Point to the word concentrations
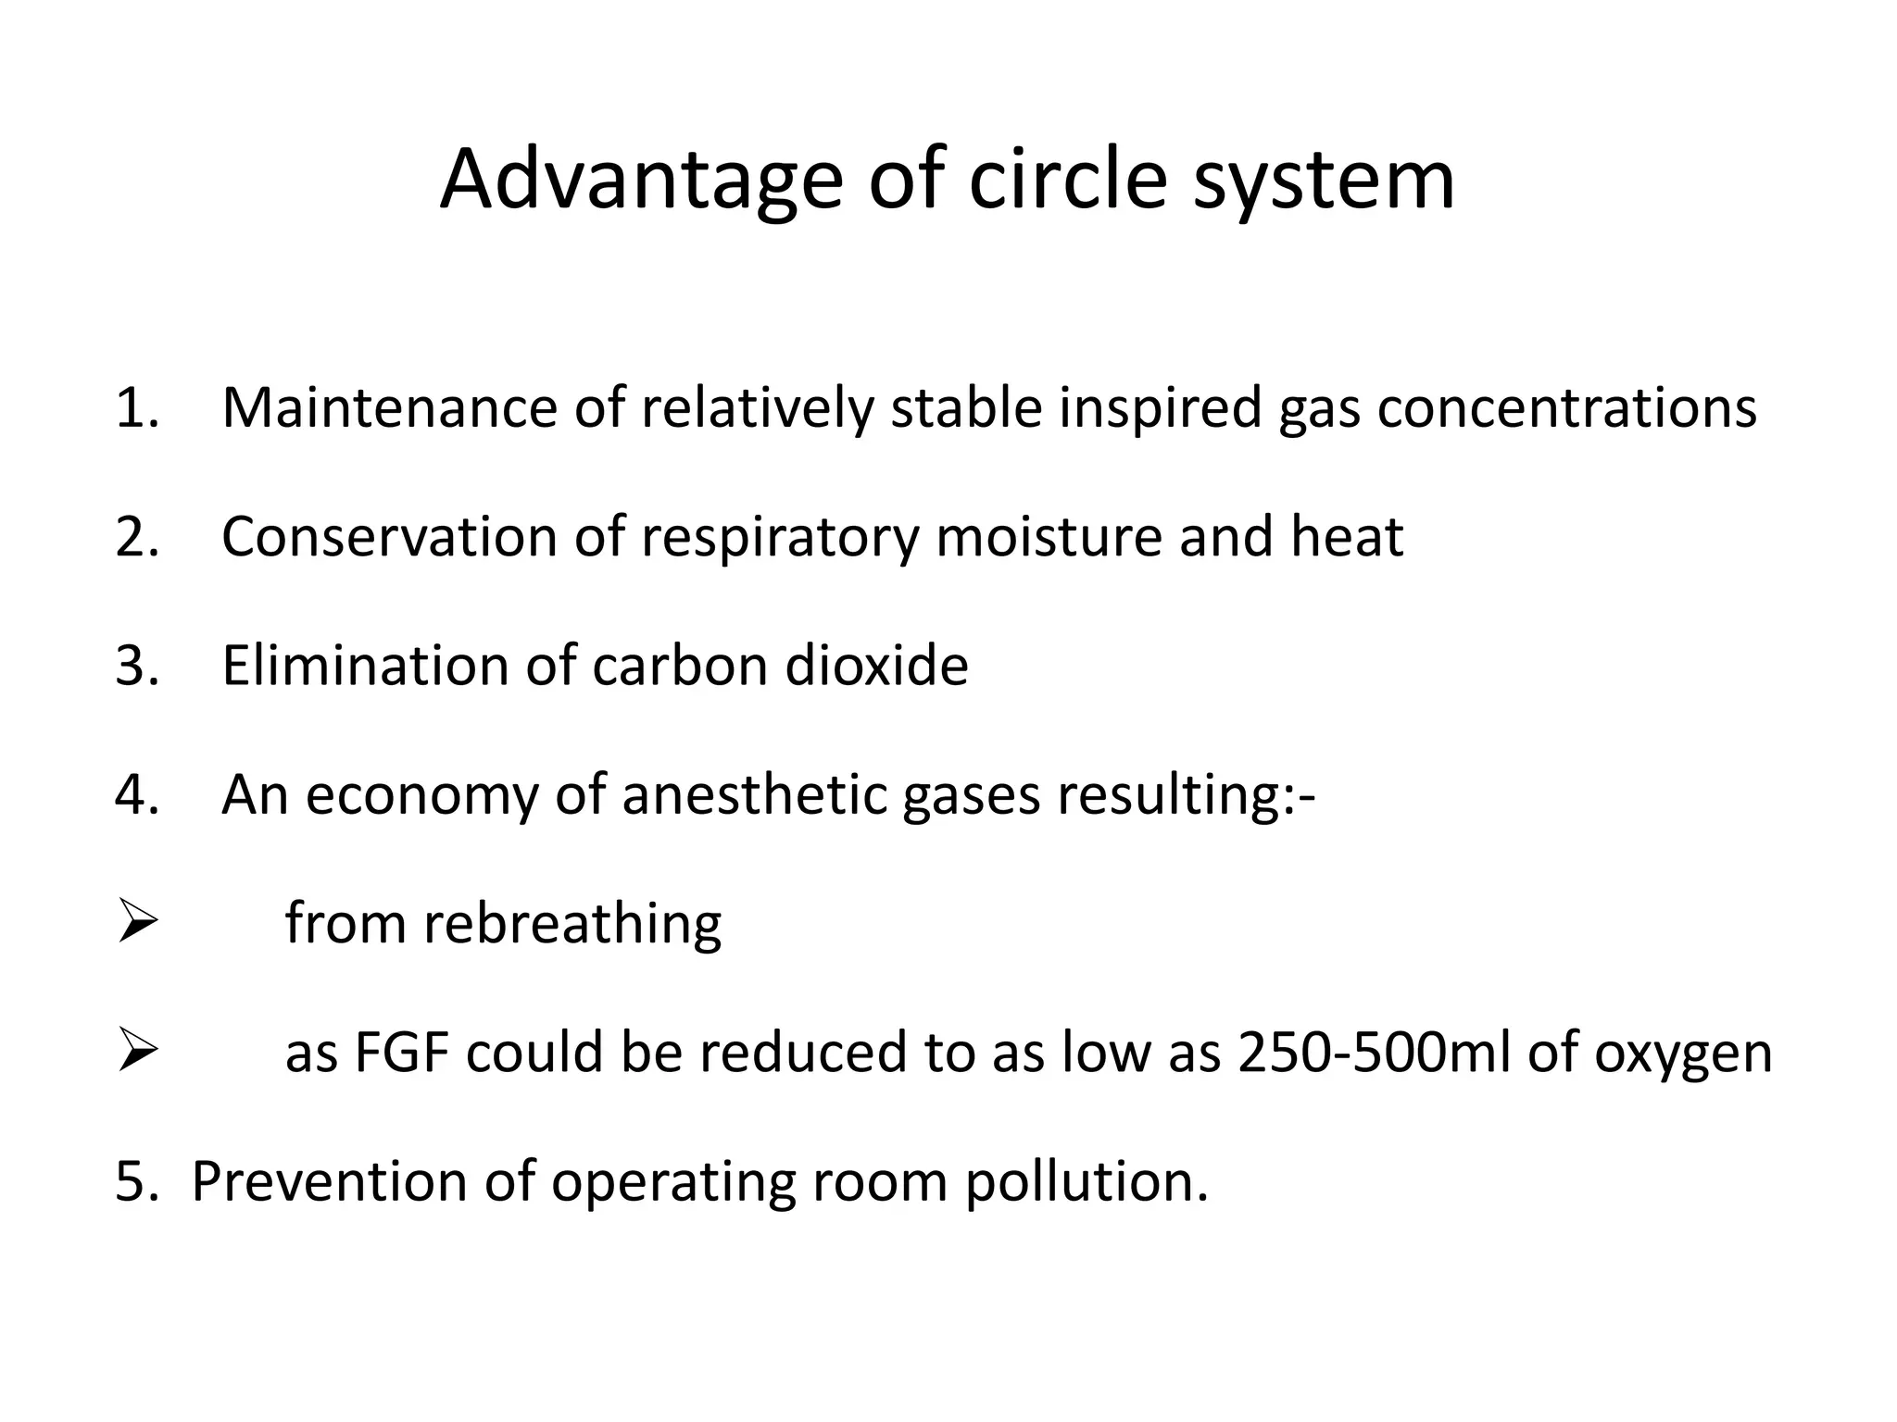point(1566,407)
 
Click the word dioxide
point(876,665)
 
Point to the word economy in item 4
point(421,794)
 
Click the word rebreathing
point(572,924)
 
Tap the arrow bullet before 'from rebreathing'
point(137,923)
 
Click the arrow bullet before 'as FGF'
point(137,1052)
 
